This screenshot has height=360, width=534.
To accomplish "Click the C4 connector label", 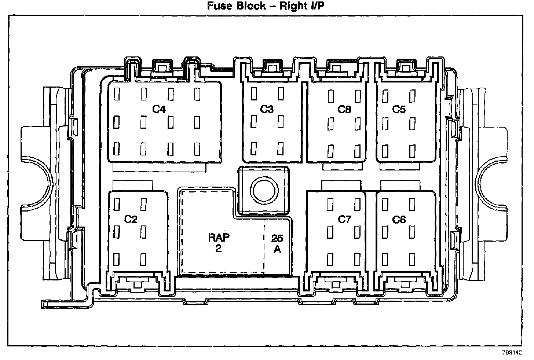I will tap(159, 109).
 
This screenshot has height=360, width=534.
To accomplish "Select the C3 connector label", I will tap(267, 109).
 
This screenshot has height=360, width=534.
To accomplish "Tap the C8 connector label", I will tap(344, 109).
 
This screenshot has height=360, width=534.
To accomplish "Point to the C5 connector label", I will tap(399, 109).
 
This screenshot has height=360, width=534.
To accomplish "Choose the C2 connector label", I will tap(131, 219).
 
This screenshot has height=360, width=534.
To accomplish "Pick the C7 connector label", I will tap(344, 219).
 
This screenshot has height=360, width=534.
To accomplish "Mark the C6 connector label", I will tap(399, 219).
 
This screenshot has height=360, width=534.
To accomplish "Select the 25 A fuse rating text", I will tap(277, 243).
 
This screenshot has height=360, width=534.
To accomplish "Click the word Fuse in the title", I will tap(219, 6).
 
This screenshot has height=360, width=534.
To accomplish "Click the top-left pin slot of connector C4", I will tap(117, 94).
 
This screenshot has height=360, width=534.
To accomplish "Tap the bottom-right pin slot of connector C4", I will tap(197, 148).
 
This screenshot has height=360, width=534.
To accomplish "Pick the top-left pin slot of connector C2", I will tap(117, 204).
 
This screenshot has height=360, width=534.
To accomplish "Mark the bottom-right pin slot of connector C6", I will tap(412, 259).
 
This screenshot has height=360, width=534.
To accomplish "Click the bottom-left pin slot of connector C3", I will tap(253, 148).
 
